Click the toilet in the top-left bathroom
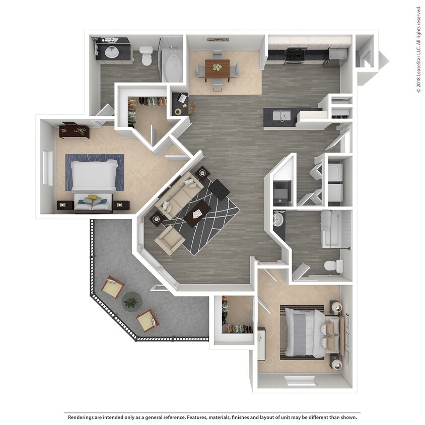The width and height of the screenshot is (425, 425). pos(146,55)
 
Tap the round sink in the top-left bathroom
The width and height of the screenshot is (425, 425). pos(111,51)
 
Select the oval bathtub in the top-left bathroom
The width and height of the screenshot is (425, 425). pos(173,66)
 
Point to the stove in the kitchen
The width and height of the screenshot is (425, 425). pos(295,55)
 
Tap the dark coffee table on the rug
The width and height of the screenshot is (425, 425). pos(197,214)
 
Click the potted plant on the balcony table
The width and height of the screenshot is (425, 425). pos(131,302)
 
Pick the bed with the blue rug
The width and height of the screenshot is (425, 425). pos(94,176)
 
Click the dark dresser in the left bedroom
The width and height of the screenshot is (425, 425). pos(74,131)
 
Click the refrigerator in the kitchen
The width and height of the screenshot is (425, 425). pos(336,55)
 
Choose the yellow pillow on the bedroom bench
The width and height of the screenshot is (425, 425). pos(92,198)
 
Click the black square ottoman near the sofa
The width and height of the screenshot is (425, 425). pos(219,189)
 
